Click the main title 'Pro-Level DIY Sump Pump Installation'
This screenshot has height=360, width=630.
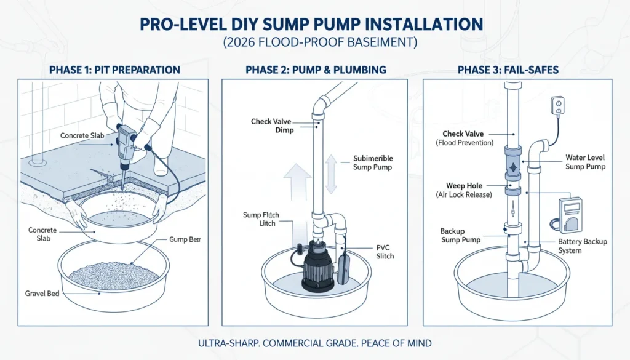[x=314, y=25]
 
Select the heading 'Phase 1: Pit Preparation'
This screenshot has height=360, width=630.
[x=114, y=70]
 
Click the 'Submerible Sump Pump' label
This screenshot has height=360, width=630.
[x=373, y=162]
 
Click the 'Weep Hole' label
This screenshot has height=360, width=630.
[x=462, y=190]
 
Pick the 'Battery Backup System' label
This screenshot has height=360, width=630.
[x=582, y=246]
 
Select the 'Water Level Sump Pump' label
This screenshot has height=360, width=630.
[x=586, y=162]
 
